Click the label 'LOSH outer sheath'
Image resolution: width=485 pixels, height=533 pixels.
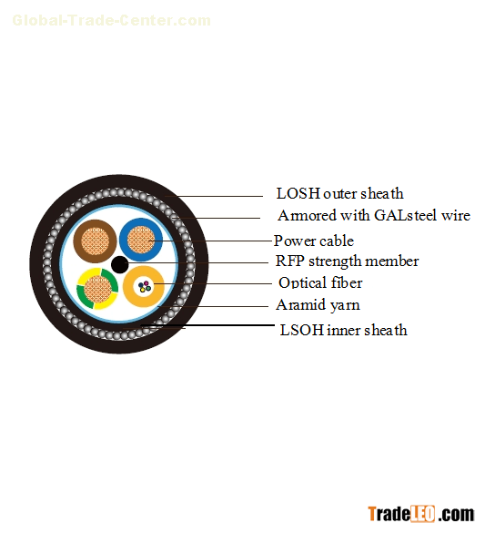point(339,193)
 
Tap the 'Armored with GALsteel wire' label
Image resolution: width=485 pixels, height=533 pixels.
point(374,215)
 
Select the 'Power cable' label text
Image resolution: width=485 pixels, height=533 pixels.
point(314,241)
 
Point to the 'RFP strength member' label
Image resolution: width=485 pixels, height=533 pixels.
point(347,261)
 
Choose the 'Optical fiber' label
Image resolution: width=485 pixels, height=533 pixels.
point(320,282)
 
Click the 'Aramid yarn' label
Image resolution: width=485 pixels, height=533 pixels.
point(318,305)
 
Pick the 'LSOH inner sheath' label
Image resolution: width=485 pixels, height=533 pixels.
point(343,330)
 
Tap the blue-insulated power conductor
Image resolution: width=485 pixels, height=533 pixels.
point(141,240)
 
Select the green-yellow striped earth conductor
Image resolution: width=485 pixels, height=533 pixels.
point(97,289)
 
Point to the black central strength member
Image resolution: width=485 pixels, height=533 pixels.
point(119,264)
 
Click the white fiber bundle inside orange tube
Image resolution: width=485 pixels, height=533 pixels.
point(145,287)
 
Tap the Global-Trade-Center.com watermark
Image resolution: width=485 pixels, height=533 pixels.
point(111,20)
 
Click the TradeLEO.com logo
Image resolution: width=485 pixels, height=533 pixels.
point(421,514)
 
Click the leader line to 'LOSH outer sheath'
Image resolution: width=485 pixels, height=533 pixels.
point(214,196)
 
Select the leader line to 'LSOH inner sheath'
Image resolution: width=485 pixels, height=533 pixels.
point(207,325)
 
